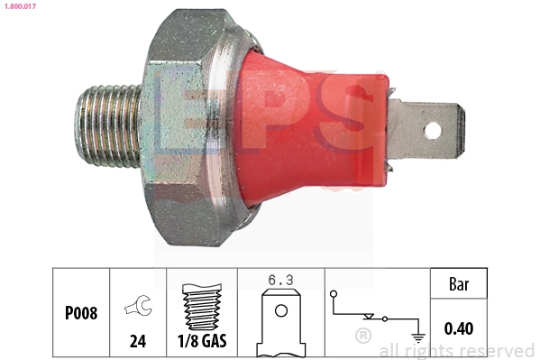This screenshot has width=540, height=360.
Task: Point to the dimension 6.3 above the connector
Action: (x=280, y=281)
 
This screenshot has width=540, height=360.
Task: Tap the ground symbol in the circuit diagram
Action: (x=417, y=337)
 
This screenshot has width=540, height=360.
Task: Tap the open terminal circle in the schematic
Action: (x=334, y=295)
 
